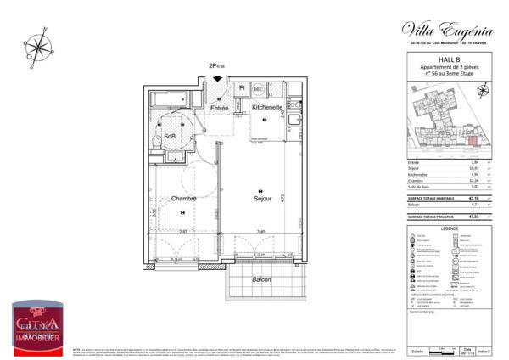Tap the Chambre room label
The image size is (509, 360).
click(182, 199)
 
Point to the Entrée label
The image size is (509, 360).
click(220, 108)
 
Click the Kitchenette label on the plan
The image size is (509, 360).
click(267, 108)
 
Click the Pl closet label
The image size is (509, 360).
click(242, 87)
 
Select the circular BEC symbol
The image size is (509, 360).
click(258, 87)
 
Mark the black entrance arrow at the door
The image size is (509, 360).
click(219, 79)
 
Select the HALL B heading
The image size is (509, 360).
click(445, 59)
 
